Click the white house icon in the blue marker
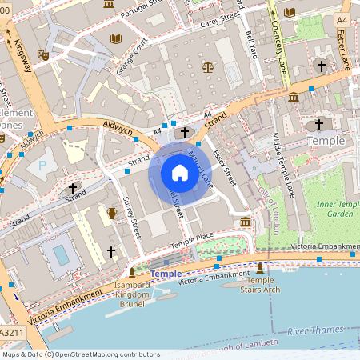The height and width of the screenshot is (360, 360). tap(180, 173)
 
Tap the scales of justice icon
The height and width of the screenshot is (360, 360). tap(208, 68)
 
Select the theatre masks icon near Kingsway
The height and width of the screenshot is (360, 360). tap(43, 54)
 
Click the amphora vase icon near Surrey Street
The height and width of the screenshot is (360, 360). tap(112, 213)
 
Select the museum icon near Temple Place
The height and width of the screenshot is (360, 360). tap(245, 221)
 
